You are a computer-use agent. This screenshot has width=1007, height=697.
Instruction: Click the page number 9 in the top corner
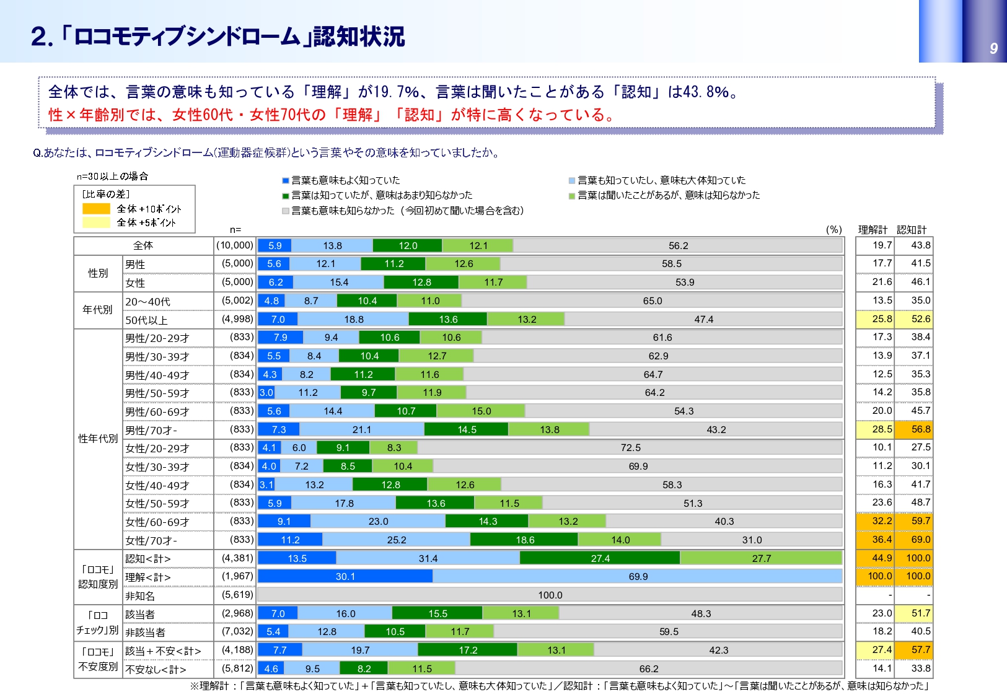[993, 48]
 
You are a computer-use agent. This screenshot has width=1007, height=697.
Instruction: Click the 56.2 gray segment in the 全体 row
[678, 246]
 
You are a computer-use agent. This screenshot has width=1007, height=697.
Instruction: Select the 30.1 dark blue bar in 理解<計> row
[345, 577]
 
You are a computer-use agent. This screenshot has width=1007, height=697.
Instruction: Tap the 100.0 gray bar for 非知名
[550, 595]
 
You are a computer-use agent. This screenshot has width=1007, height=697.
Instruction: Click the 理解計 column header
[873, 230]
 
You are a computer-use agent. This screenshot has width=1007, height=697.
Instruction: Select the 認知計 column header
[912, 230]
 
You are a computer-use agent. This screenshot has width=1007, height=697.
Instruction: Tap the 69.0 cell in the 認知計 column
[920, 540]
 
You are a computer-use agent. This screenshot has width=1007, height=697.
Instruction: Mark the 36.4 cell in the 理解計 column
[882, 540]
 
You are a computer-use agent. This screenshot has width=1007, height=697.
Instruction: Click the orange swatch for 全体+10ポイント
[96, 209]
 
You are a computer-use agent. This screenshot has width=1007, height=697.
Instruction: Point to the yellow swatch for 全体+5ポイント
[96, 222]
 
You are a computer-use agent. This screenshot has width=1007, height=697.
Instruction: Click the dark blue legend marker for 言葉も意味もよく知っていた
[286, 181]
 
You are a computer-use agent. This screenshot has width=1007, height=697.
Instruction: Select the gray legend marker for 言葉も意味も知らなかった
[286, 211]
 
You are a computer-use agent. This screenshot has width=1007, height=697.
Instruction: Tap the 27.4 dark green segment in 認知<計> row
[600, 559]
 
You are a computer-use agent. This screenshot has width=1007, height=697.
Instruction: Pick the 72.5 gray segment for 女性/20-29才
[630, 448]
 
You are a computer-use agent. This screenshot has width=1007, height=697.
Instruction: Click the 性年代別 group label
[98, 439]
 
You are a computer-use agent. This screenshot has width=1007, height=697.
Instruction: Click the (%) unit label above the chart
[834, 230]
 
